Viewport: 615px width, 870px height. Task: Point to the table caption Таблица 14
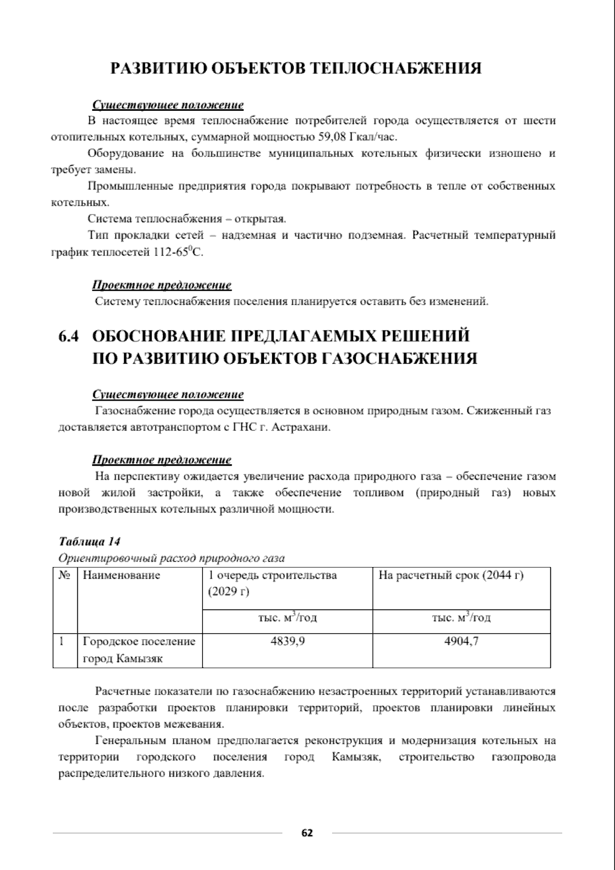[x=90, y=542]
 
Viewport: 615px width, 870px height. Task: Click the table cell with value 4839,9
[x=288, y=641]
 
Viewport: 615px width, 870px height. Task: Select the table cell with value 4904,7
[x=461, y=641]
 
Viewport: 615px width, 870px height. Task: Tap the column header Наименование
[x=121, y=575]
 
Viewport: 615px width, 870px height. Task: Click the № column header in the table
[x=65, y=575]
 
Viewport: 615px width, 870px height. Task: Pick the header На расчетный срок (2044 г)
[x=451, y=575]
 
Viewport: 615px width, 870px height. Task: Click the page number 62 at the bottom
[x=307, y=833]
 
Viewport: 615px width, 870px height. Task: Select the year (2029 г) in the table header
[x=229, y=592]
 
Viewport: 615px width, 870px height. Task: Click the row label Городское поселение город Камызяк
[x=139, y=650]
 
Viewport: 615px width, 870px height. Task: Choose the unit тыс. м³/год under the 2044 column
[x=461, y=618]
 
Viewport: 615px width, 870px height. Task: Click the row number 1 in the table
[x=61, y=641]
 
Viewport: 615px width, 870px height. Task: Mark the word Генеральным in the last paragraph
[x=128, y=741]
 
